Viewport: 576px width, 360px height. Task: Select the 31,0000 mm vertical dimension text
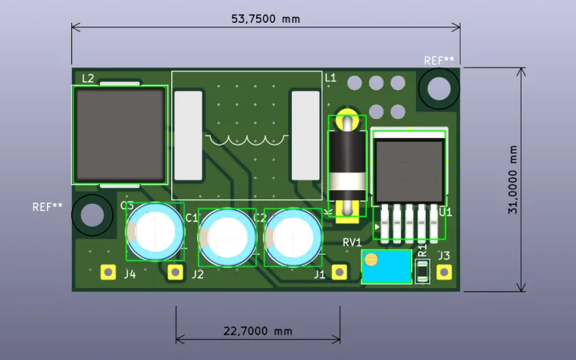513,179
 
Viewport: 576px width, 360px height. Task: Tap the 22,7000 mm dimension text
258,331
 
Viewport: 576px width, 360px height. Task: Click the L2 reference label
87,78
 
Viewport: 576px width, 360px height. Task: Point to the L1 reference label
330,78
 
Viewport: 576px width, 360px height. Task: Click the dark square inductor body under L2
120,134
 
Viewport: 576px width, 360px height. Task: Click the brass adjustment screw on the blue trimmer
371,260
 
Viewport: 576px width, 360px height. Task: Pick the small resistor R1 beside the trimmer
423,271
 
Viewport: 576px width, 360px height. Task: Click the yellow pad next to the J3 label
443,271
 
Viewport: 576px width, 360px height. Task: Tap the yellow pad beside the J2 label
176,271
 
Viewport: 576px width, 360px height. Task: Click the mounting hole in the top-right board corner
439,89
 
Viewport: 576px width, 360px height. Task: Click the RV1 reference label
352,242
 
